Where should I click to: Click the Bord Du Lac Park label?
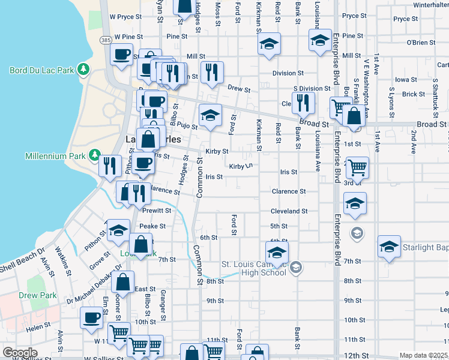point(41,70)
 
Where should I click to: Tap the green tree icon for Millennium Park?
point(94,156)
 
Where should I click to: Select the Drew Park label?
point(38,295)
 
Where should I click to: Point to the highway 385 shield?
point(106,40)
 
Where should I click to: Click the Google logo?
point(20,353)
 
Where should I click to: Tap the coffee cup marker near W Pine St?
point(122,55)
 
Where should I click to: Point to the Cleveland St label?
point(289,211)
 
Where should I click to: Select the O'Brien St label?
point(421,43)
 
